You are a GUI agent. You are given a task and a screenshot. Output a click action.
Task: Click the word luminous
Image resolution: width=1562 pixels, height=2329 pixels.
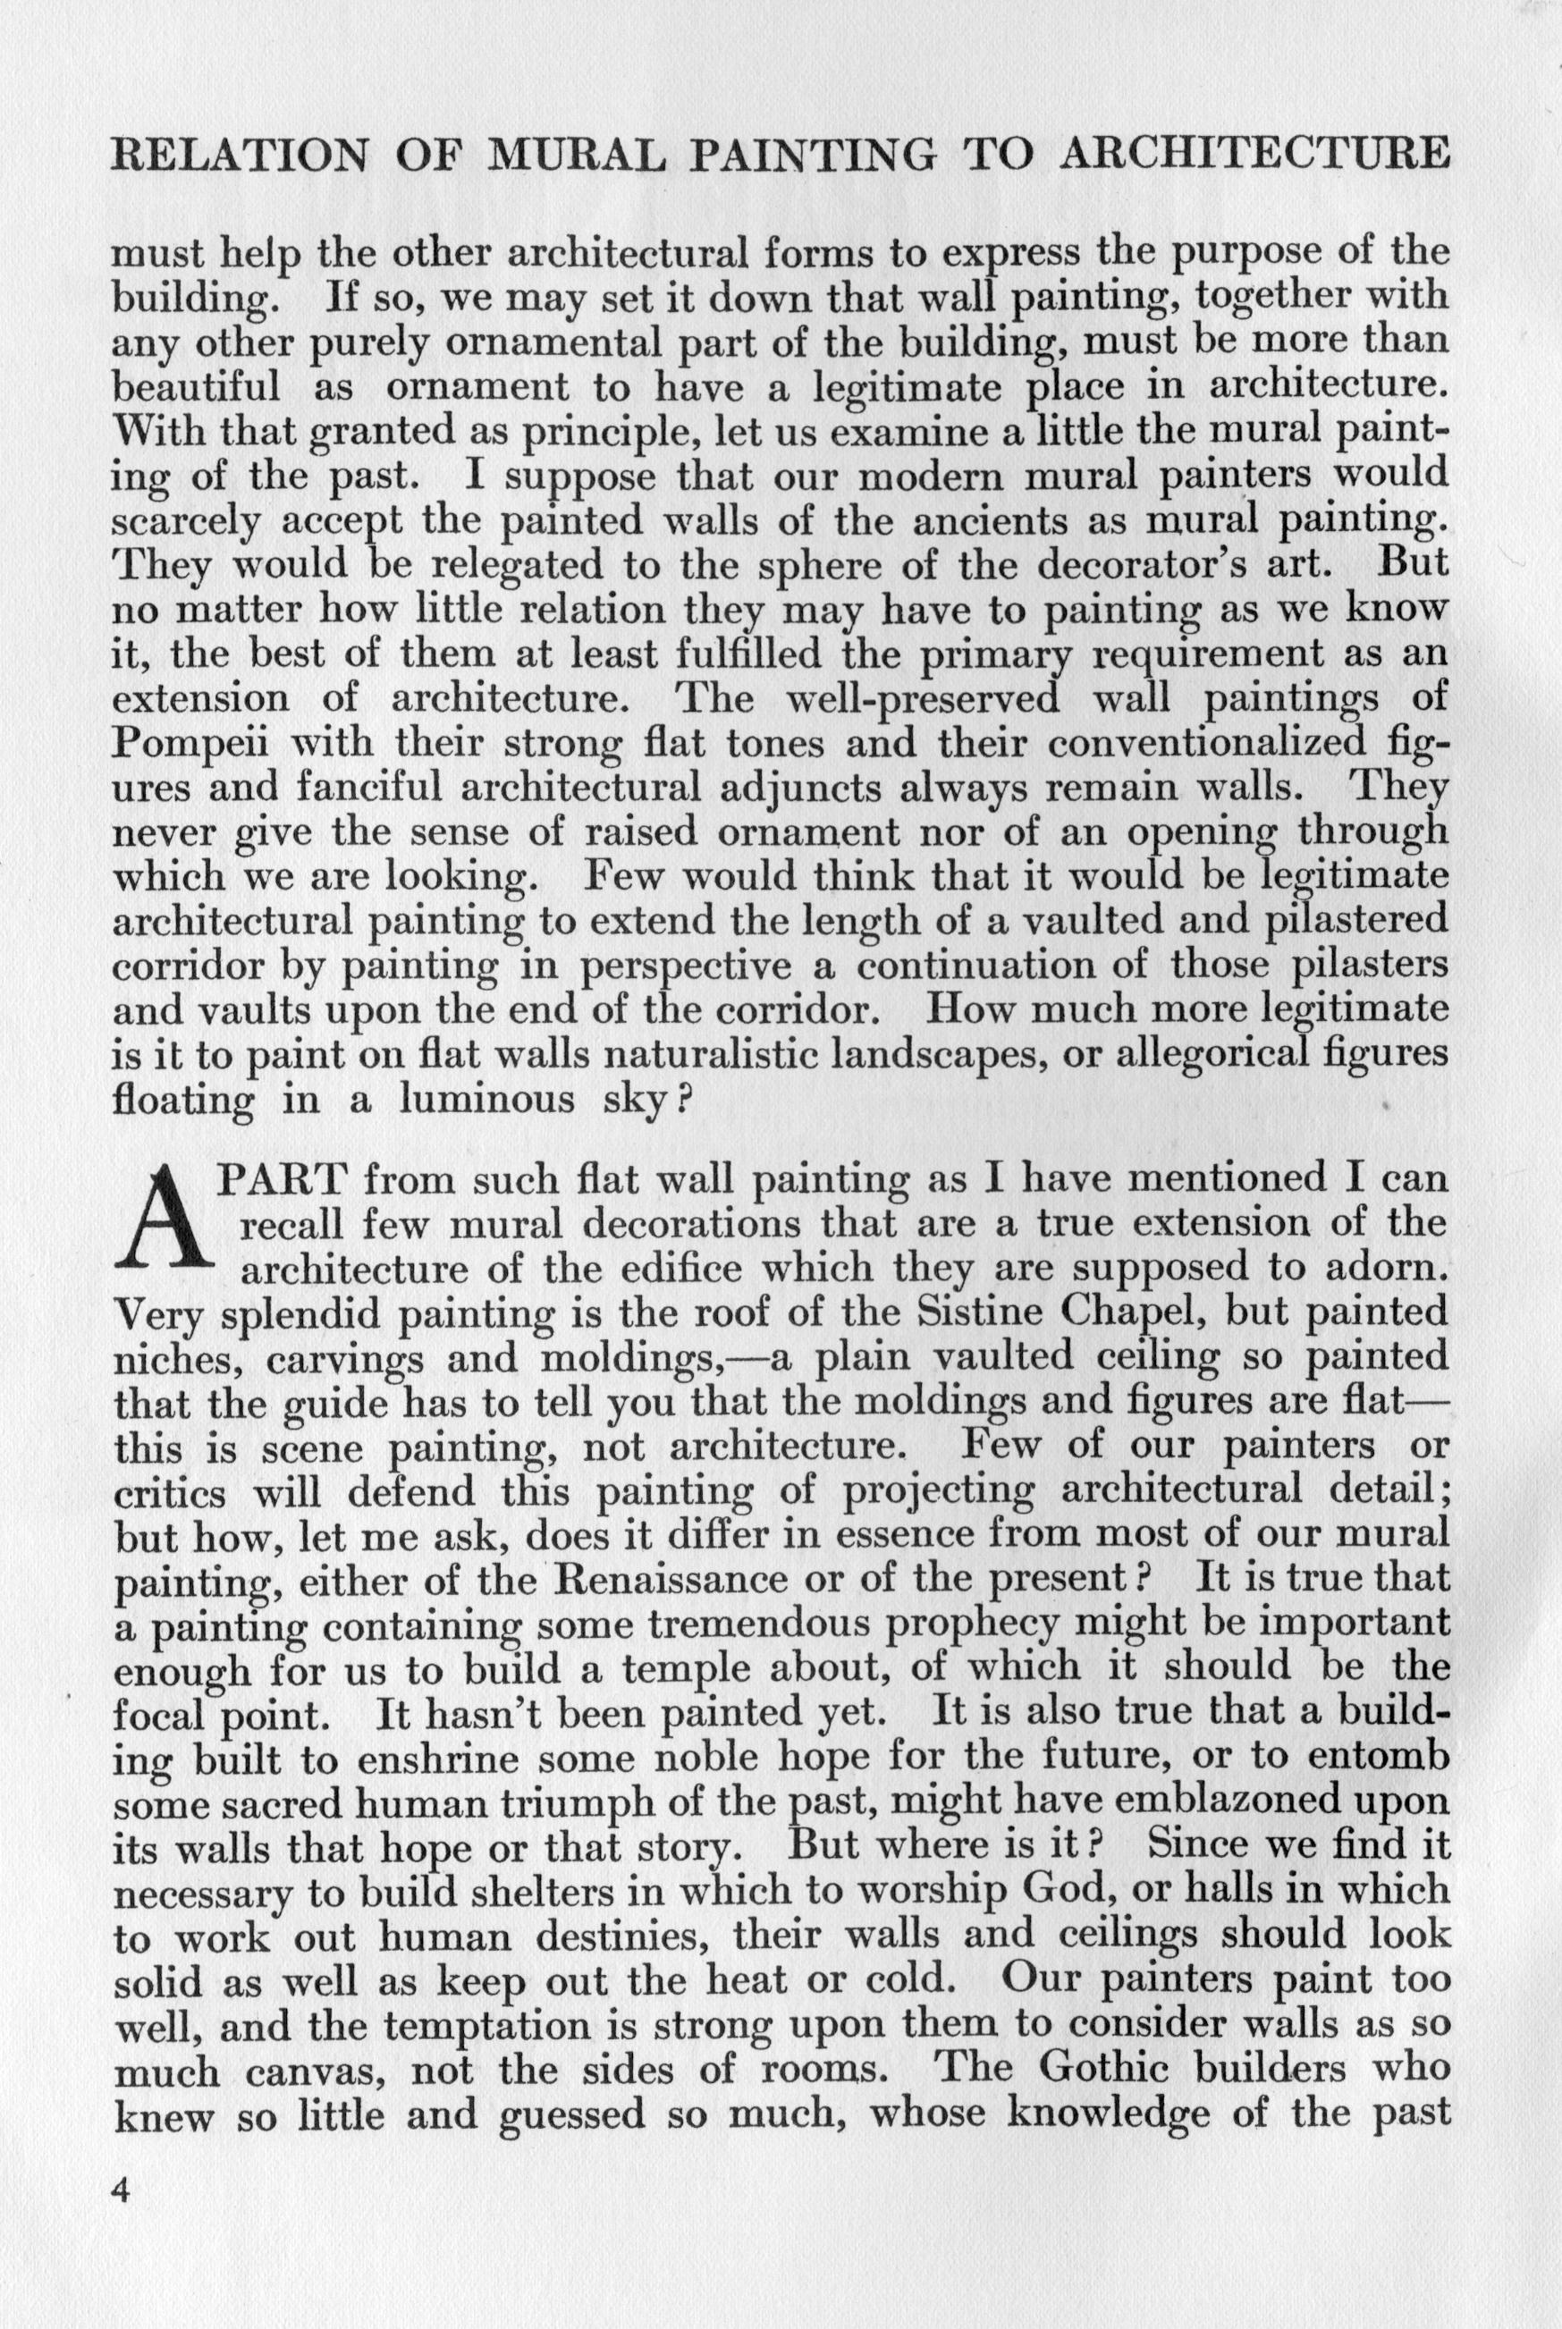coord(488,1099)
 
